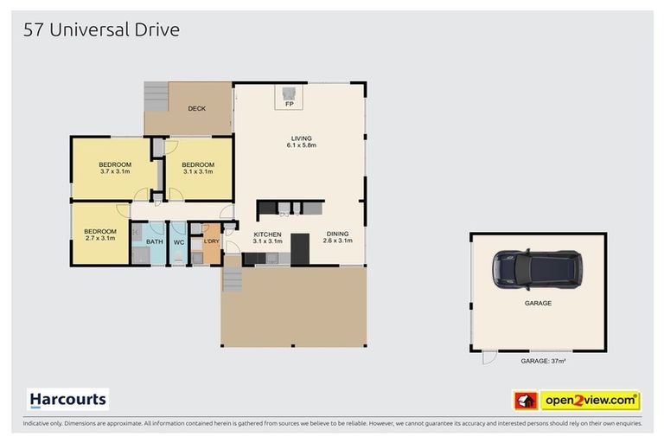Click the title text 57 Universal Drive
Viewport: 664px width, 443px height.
(100, 30)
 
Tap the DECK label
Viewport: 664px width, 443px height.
(196, 109)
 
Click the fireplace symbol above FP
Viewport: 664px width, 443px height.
(290, 92)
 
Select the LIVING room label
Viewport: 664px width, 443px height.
(301, 138)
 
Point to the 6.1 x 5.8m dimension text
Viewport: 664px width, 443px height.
(301, 145)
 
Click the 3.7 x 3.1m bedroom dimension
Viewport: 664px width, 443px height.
(114, 172)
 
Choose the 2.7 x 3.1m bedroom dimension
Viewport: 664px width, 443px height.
(100, 238)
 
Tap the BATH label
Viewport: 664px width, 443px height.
(154, 242)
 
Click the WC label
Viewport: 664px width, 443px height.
(178, 242)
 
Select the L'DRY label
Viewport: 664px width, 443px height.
(211, 241)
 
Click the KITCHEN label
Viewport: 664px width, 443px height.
(267, 234)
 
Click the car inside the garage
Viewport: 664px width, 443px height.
(537, 269)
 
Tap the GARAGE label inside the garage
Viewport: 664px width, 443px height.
(537, 304)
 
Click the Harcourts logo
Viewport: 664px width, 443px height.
(68, 400)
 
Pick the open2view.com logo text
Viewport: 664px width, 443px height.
(590, 401)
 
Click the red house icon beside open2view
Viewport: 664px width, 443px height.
(526, 401)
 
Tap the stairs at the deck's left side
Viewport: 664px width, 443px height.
(156, 95)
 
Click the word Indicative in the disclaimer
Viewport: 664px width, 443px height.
(35, 424)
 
